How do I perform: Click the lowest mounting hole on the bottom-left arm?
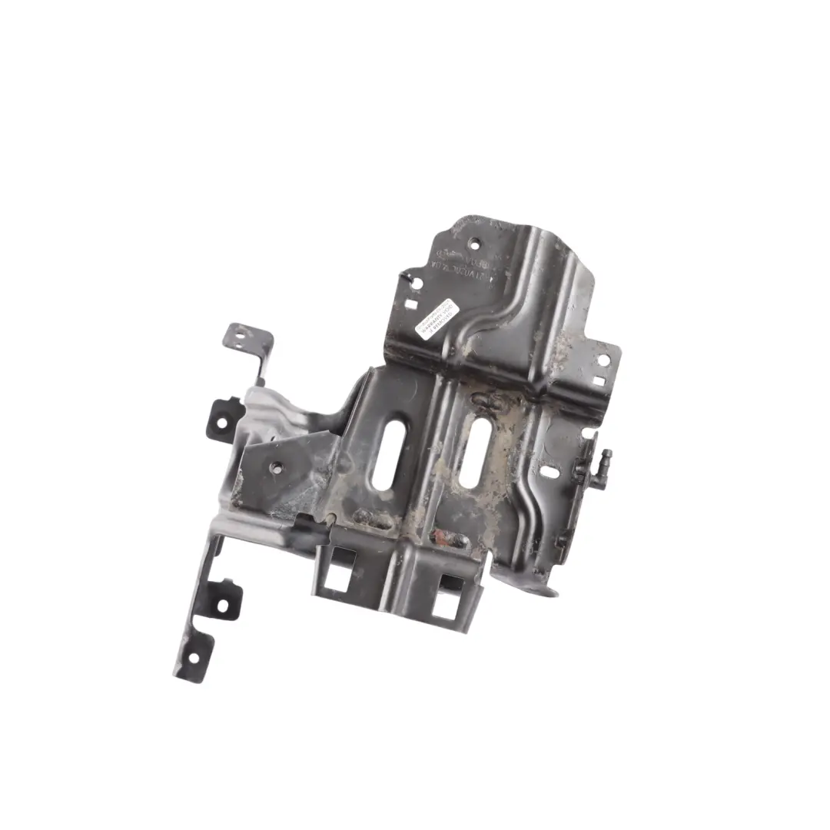point(192,658)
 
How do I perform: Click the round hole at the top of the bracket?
point(473,245)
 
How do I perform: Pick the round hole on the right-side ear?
point(603,359)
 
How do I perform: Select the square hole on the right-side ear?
point(598,380)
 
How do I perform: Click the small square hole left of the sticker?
point(411,304)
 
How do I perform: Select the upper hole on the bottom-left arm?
point(223,605)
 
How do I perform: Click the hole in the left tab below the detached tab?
point(221,422)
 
